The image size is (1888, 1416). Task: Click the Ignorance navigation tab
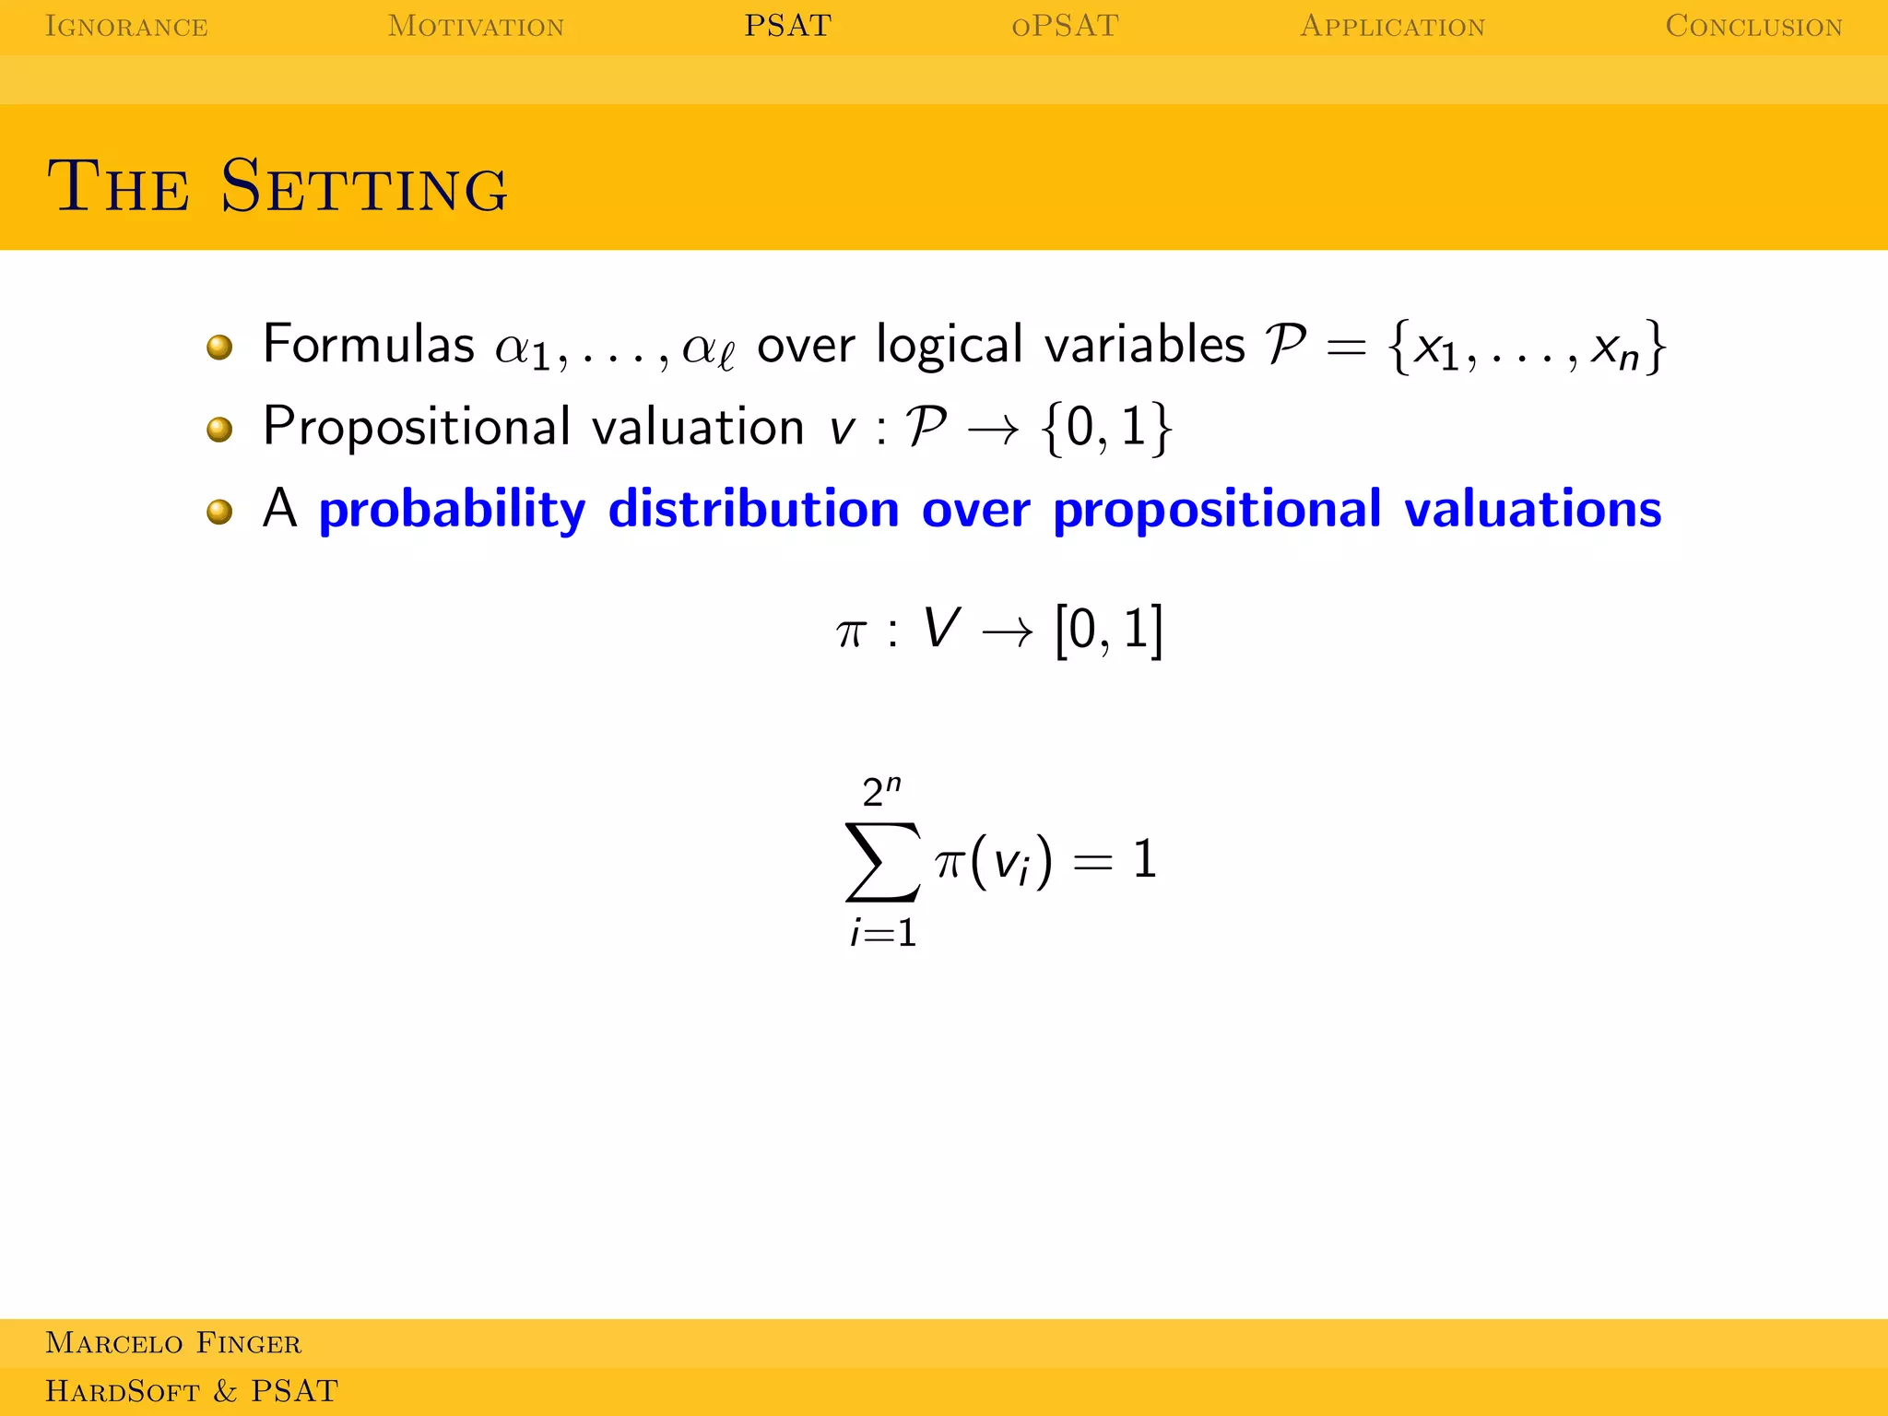click(126, 26)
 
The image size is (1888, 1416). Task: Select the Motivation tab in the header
click(476, 26)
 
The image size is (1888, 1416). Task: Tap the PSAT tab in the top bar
click(787, 26)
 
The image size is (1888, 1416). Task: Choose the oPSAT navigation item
click(1065, 26)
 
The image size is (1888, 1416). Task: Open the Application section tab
click(1392, 26)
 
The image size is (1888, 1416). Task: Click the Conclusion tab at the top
click(1753, 26)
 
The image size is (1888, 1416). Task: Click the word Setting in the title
click(364, 186)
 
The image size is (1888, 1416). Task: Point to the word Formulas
click(368, 345)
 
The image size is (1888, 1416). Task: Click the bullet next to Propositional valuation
click(219, 429)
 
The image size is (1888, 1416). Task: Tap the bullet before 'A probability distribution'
click(219, 511)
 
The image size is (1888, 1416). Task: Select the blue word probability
click(452, 510)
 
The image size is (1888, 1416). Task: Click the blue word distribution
click(753, 509)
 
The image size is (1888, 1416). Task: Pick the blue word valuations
click(1532, 509)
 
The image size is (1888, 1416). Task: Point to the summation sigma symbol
click(882, 862)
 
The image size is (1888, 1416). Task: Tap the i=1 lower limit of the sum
click(883, 933)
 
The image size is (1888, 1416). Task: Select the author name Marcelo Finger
click(173, 1343)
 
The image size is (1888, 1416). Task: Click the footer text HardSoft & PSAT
click(192, 1390)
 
